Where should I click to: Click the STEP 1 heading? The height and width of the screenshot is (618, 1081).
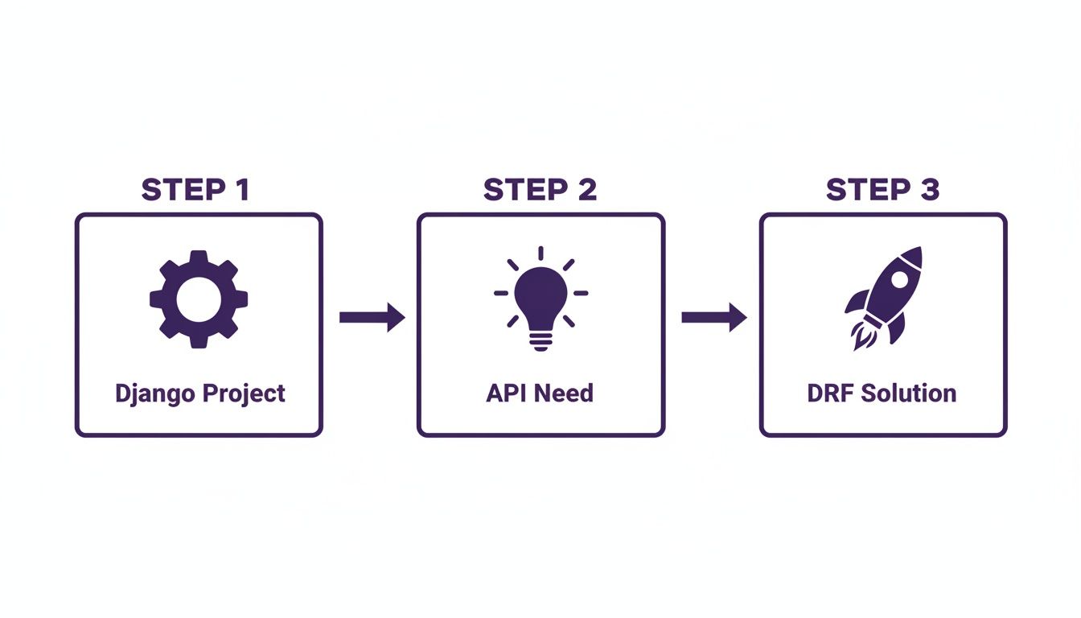[195, 190]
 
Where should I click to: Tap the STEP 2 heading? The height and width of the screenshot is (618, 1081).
[540, 190]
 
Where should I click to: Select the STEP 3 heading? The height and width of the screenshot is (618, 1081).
[882, 190]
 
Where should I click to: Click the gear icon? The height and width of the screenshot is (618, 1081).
[199, 299]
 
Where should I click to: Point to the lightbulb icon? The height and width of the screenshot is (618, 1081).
[540, 299]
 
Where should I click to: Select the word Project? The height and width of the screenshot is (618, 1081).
[244, 394]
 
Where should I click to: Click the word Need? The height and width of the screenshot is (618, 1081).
[563, 393]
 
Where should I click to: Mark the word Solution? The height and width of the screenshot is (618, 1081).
[909, 393]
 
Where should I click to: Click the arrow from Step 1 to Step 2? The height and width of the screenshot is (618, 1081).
[371, 317]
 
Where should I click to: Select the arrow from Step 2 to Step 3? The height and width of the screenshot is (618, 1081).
[713, 317]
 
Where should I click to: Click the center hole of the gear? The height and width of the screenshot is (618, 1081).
[199, 299]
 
